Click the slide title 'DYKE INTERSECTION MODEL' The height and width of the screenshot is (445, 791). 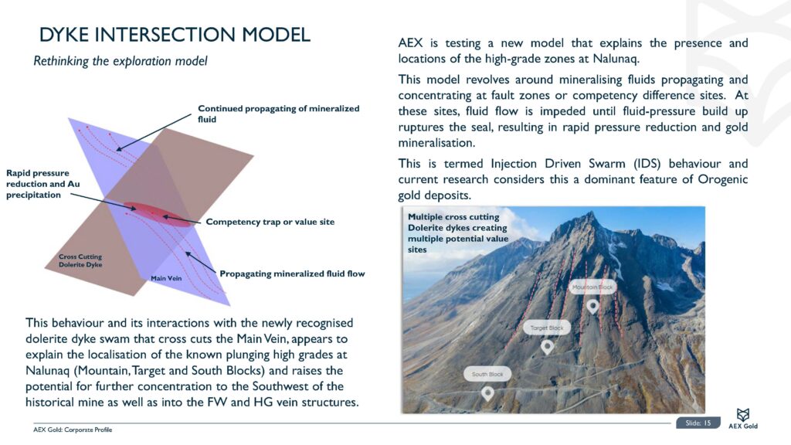(175, 35)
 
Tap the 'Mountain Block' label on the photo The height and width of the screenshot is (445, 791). (592, 287)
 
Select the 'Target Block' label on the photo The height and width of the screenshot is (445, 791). (548, 328)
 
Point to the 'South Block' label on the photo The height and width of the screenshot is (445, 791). (487, 374)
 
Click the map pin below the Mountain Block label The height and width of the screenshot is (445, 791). (592, 306)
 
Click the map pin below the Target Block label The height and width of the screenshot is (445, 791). (547, 347)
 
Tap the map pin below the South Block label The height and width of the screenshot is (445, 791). (487, 393)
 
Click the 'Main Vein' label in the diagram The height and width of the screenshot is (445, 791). (166, 277)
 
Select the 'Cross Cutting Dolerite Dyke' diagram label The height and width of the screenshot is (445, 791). (80, 260)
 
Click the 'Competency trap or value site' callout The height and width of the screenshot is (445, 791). (270, 222)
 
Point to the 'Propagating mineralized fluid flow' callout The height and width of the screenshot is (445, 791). (292, 273)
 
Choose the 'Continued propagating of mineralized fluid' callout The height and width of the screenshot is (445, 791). (278, 114)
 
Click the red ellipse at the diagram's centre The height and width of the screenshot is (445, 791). (148, 210)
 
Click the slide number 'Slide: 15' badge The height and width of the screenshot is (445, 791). (698, 423)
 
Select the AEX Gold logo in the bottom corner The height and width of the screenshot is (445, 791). (742, 420)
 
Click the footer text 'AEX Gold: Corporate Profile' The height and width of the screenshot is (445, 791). (73, 430)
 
